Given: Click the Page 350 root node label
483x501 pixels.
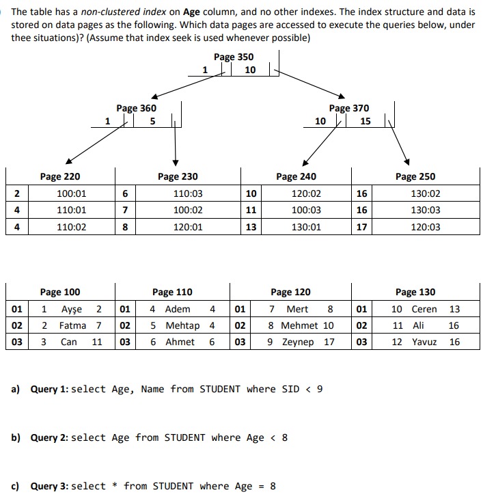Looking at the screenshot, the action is click(233, 57).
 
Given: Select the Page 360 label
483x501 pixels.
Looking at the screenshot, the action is click(136, 108).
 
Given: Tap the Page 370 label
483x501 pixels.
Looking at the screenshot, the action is click(348, 108).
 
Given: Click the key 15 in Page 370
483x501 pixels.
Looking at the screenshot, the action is click(365, 121).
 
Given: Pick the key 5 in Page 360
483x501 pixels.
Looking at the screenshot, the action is click(152, 121).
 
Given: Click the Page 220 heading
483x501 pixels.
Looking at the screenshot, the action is click(60, 176).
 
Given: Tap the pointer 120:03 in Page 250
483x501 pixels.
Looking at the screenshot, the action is click(426, 227).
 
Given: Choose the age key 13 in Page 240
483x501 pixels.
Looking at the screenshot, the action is click(251, 227).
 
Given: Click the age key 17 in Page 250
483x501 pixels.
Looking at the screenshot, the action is click(361, 227).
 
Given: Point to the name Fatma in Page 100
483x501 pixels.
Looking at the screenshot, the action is click(72, 325).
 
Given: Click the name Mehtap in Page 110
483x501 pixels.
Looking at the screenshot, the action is click(183, 325).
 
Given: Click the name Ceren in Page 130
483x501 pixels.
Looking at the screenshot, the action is click(424, 309).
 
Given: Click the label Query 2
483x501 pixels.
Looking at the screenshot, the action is click(49, 437).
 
